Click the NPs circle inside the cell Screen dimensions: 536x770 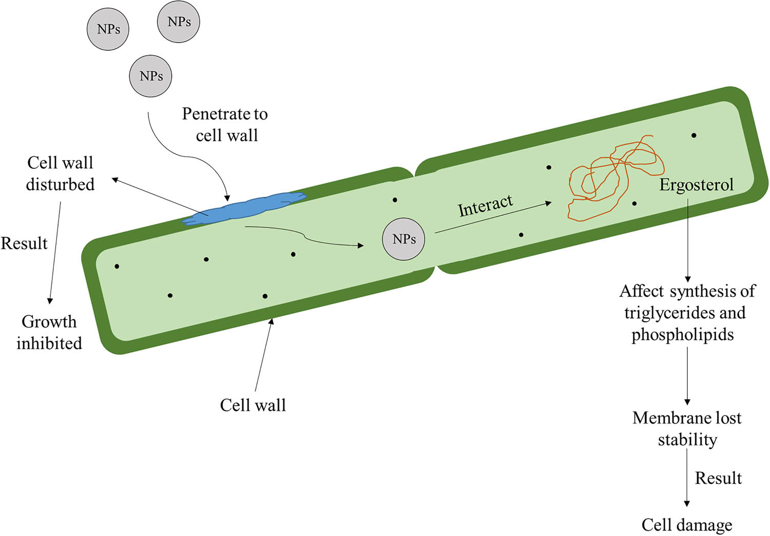point(403,239)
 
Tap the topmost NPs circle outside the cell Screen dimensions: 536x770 point(178,22)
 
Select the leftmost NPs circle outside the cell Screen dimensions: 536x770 point(108,29)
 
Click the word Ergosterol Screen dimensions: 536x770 point(696,185)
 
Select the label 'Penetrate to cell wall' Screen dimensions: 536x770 point(225,125)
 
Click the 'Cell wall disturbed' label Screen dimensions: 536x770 point(60,173)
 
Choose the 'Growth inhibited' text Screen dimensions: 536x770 point(49,332)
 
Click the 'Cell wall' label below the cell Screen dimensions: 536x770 point(253,405)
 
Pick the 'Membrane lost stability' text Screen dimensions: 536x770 point(687,429)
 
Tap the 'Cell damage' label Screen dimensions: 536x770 point(687,525)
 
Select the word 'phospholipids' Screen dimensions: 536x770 point(682,334)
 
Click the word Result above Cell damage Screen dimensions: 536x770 point(718,478)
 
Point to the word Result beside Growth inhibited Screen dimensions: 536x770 point(24,243)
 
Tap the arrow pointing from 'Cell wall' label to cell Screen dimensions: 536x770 point(263,354)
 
